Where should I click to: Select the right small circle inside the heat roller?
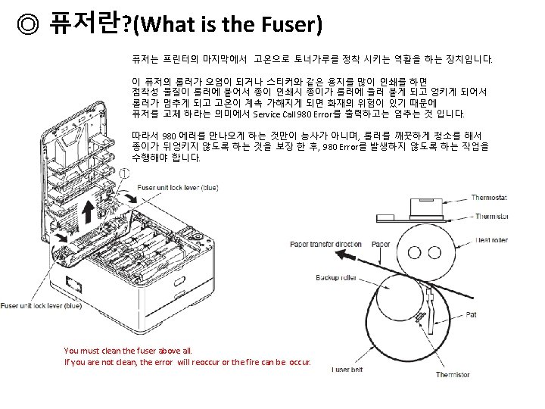pyautogui.click(x=436, y=251)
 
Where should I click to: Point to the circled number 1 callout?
pyautogui.click(x=124, y=173)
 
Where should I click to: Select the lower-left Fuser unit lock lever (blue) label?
pyautogui.click(x=41, y=306)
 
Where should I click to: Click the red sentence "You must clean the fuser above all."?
pyautogui.click(x=129, y=351)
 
